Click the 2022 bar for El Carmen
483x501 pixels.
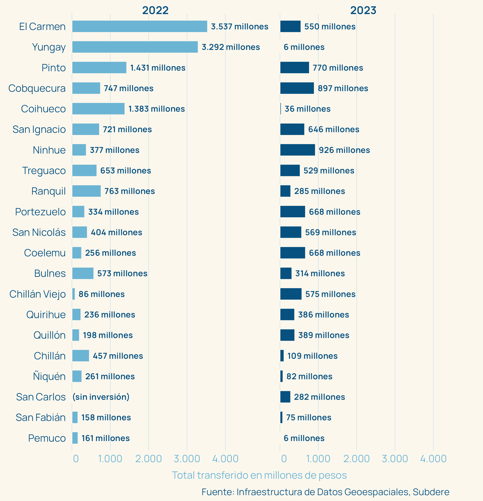140,26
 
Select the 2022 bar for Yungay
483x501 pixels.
135,47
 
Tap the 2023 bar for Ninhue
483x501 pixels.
297,150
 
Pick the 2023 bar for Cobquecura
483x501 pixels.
297,88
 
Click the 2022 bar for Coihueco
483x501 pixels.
98,109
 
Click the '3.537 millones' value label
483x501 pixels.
239,27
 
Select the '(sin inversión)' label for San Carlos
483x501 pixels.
101,397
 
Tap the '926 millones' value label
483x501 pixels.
344,150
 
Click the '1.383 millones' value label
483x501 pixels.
157,109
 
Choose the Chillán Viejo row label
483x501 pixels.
38,294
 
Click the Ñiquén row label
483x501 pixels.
49,376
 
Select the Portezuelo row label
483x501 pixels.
40,212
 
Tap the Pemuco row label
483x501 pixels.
47,438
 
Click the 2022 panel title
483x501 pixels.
155,10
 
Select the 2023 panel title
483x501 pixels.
363,10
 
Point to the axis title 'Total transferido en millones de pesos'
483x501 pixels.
259,475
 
